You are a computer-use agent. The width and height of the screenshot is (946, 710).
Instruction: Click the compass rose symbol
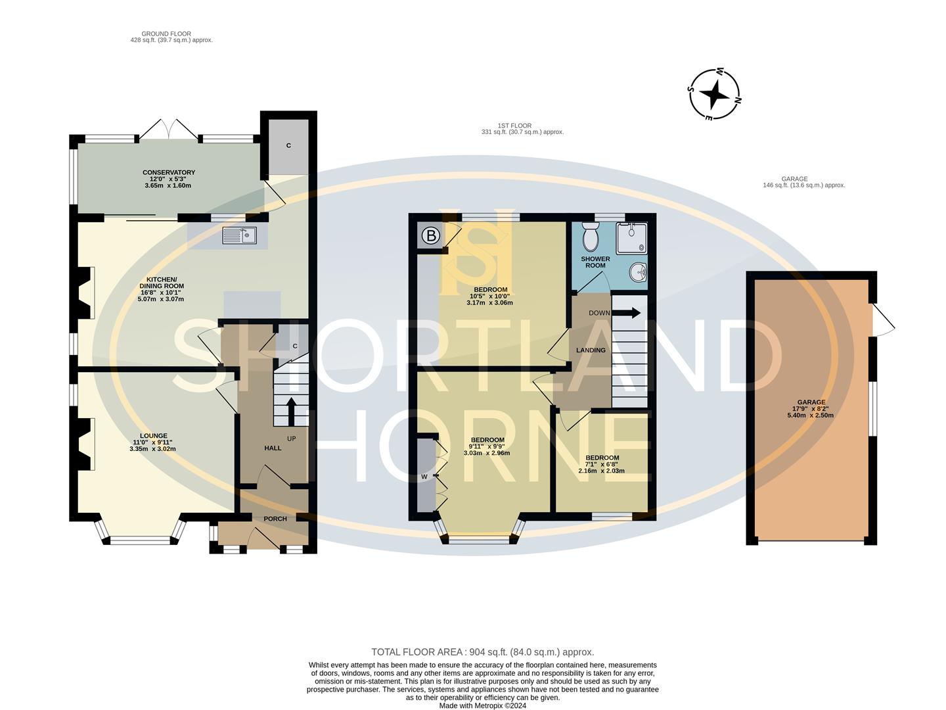[714, 95]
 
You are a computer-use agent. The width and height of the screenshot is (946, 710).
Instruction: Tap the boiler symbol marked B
[430, 236]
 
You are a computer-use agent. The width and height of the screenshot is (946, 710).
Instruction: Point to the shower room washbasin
[638, 272]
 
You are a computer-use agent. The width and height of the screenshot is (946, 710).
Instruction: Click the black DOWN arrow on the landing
[627, 313]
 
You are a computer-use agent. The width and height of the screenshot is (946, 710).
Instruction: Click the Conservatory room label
[169, 179]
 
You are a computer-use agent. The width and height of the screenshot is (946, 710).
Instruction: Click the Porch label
[275, 519]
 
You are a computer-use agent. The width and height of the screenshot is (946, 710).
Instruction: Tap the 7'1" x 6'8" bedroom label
[602, 464]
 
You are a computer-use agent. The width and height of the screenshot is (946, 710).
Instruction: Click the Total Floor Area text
[482, 652]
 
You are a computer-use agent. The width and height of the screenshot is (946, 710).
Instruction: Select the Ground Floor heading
[171, 37]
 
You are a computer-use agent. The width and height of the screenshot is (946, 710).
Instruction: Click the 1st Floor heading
[522, 129]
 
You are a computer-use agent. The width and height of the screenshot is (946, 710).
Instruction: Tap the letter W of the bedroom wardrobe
[424, 476]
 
